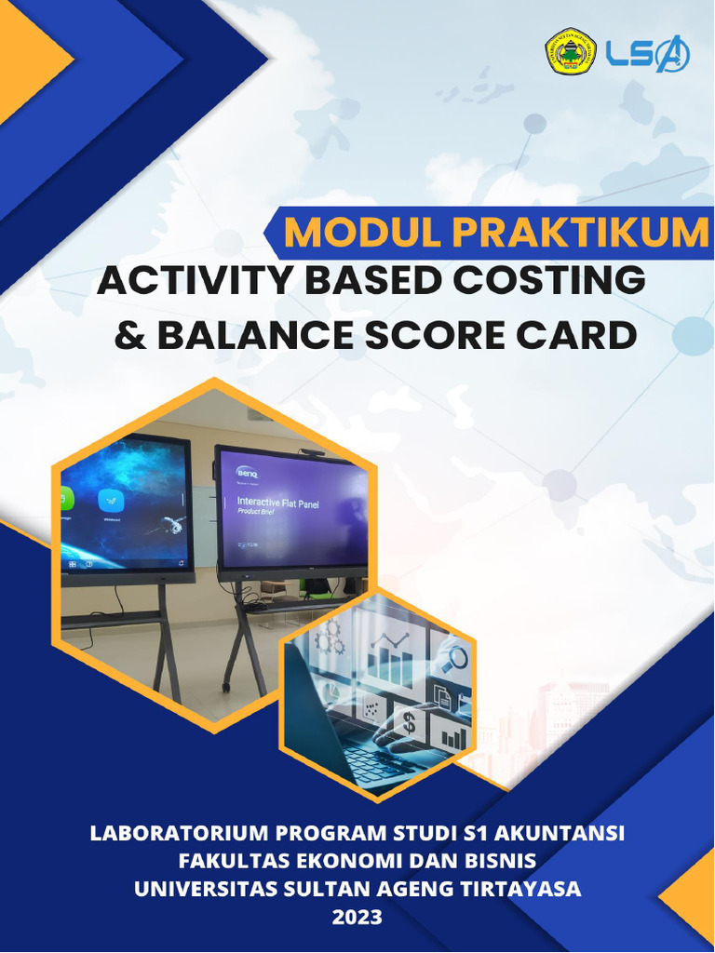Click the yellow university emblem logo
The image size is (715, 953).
pos(570,52)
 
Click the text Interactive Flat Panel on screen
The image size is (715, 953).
pos(277,500)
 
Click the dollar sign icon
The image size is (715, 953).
pos(408,720)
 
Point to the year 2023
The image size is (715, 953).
pos(357,917)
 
